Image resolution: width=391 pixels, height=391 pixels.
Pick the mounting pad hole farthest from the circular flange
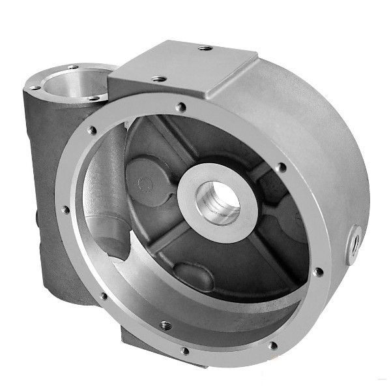tap(205, 48)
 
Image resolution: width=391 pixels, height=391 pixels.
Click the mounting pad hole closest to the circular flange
tap(159, 78)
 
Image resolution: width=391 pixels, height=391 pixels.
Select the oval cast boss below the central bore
tap(193, 276)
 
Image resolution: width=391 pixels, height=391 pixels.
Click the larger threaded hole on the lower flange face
tap(166, 324)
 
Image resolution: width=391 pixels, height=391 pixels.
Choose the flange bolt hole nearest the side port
tap(317, 272)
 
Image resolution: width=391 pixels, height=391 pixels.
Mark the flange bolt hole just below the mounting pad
tap(181, 107)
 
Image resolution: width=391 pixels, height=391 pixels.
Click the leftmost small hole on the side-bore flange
tap(35, 87)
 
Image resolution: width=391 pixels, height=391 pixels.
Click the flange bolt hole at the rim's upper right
tap(281, 168)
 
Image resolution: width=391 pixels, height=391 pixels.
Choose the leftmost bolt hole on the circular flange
tap(65, 210)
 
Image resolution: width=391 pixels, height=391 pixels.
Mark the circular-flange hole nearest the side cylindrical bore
tap(92, 130)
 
